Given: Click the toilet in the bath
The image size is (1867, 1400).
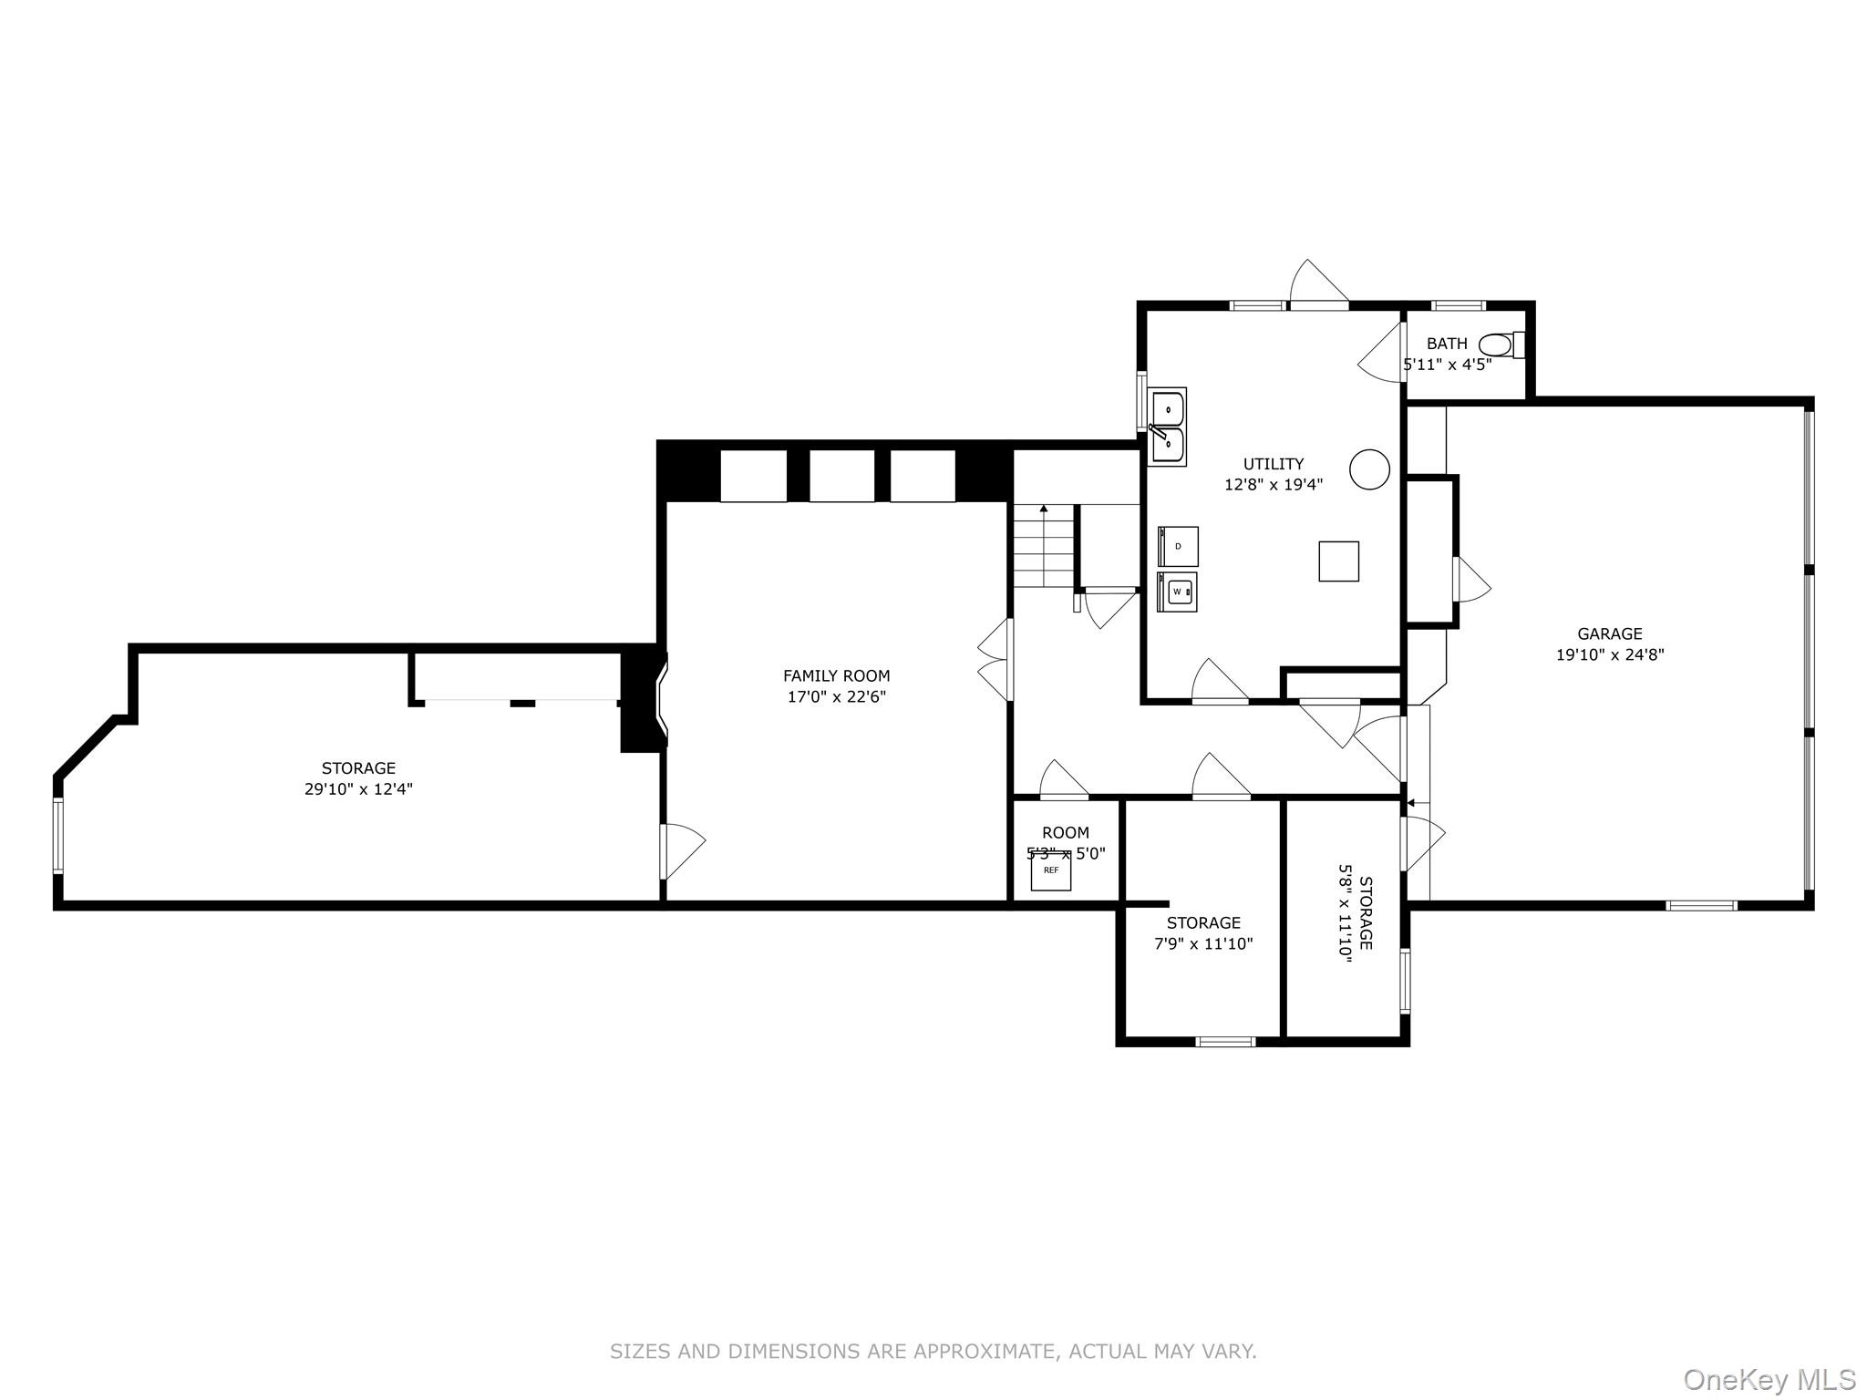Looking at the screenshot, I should point(1500,345).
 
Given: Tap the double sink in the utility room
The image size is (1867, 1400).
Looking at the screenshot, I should point(1167,427).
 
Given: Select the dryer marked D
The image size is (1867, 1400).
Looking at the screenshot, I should point(1178,546).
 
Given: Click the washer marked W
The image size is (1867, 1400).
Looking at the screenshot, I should point(1178,592).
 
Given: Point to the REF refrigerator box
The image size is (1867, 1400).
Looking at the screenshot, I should point(1051,871).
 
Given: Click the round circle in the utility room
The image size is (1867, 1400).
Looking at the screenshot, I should point(1369,469).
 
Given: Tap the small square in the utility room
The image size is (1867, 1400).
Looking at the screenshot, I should point(1338,561).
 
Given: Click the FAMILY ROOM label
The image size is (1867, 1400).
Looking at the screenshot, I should point(836,675).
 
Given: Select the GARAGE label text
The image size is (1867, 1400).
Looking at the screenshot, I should point(1609,633).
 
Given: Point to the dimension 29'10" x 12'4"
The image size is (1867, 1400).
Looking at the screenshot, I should point(358,789).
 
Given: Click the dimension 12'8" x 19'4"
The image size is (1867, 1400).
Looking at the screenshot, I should point(1273,485).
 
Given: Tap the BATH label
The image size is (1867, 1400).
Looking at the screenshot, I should point(1447,344).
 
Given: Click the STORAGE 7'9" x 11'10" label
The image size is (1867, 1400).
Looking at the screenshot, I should point(1203,933).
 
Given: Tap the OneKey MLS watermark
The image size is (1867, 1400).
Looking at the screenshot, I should point(1769,1379).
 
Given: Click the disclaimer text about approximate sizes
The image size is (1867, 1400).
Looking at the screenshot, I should point(933,1352).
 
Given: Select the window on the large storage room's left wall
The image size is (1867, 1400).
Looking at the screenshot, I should point(58,836).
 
